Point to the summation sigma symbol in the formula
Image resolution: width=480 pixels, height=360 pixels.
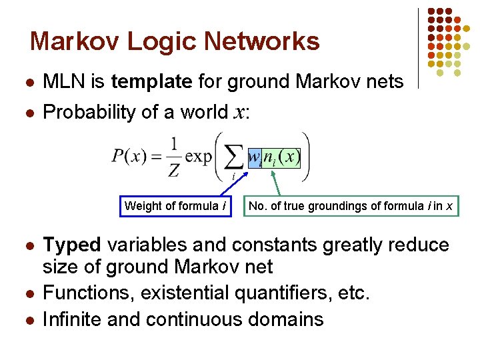pos(233,158)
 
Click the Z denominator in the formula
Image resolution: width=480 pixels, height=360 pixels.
pos(173,171)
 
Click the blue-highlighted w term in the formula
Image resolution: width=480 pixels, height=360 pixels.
pos(254,158)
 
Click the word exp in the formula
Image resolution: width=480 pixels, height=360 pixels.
pos(198,158)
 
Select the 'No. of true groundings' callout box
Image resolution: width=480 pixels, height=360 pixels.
pos(350,206)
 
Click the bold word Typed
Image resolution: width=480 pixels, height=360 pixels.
pos(71,245)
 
